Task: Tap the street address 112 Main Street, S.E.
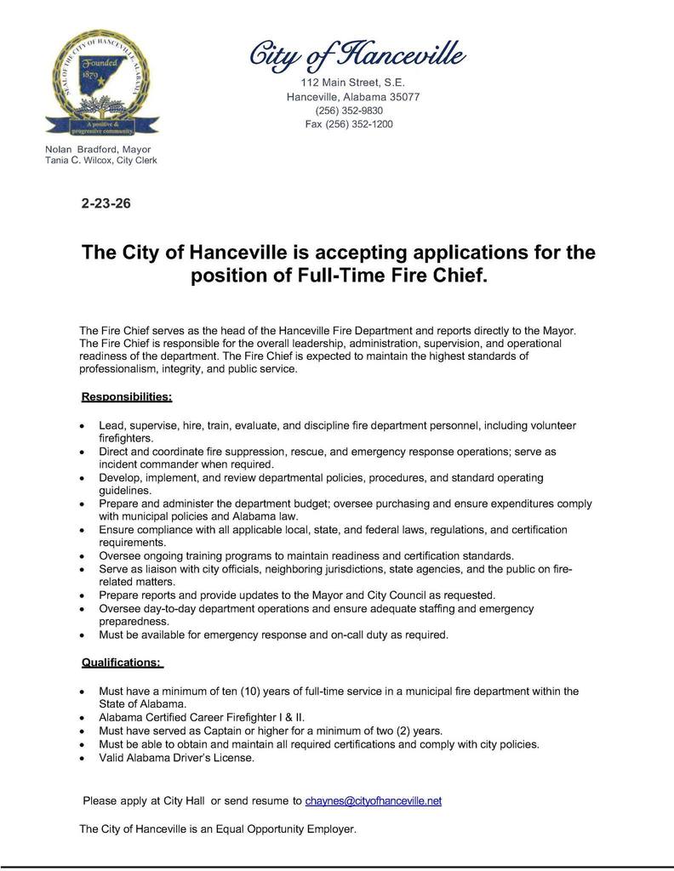tap(352, 83)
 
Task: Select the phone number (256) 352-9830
tap(349, 111)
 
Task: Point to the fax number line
tap(349, 124)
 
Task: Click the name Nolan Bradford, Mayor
tap(98, 149)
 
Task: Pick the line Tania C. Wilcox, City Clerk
tap(100, 160)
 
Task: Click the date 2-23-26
tap(106, 204)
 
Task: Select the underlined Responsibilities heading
tap(127, 396)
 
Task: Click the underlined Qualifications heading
tap(121, 662)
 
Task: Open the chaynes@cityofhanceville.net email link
tap(373, 801)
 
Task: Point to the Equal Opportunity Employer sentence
tap(217, 828)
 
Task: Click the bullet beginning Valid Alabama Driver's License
tap(176, 758)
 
